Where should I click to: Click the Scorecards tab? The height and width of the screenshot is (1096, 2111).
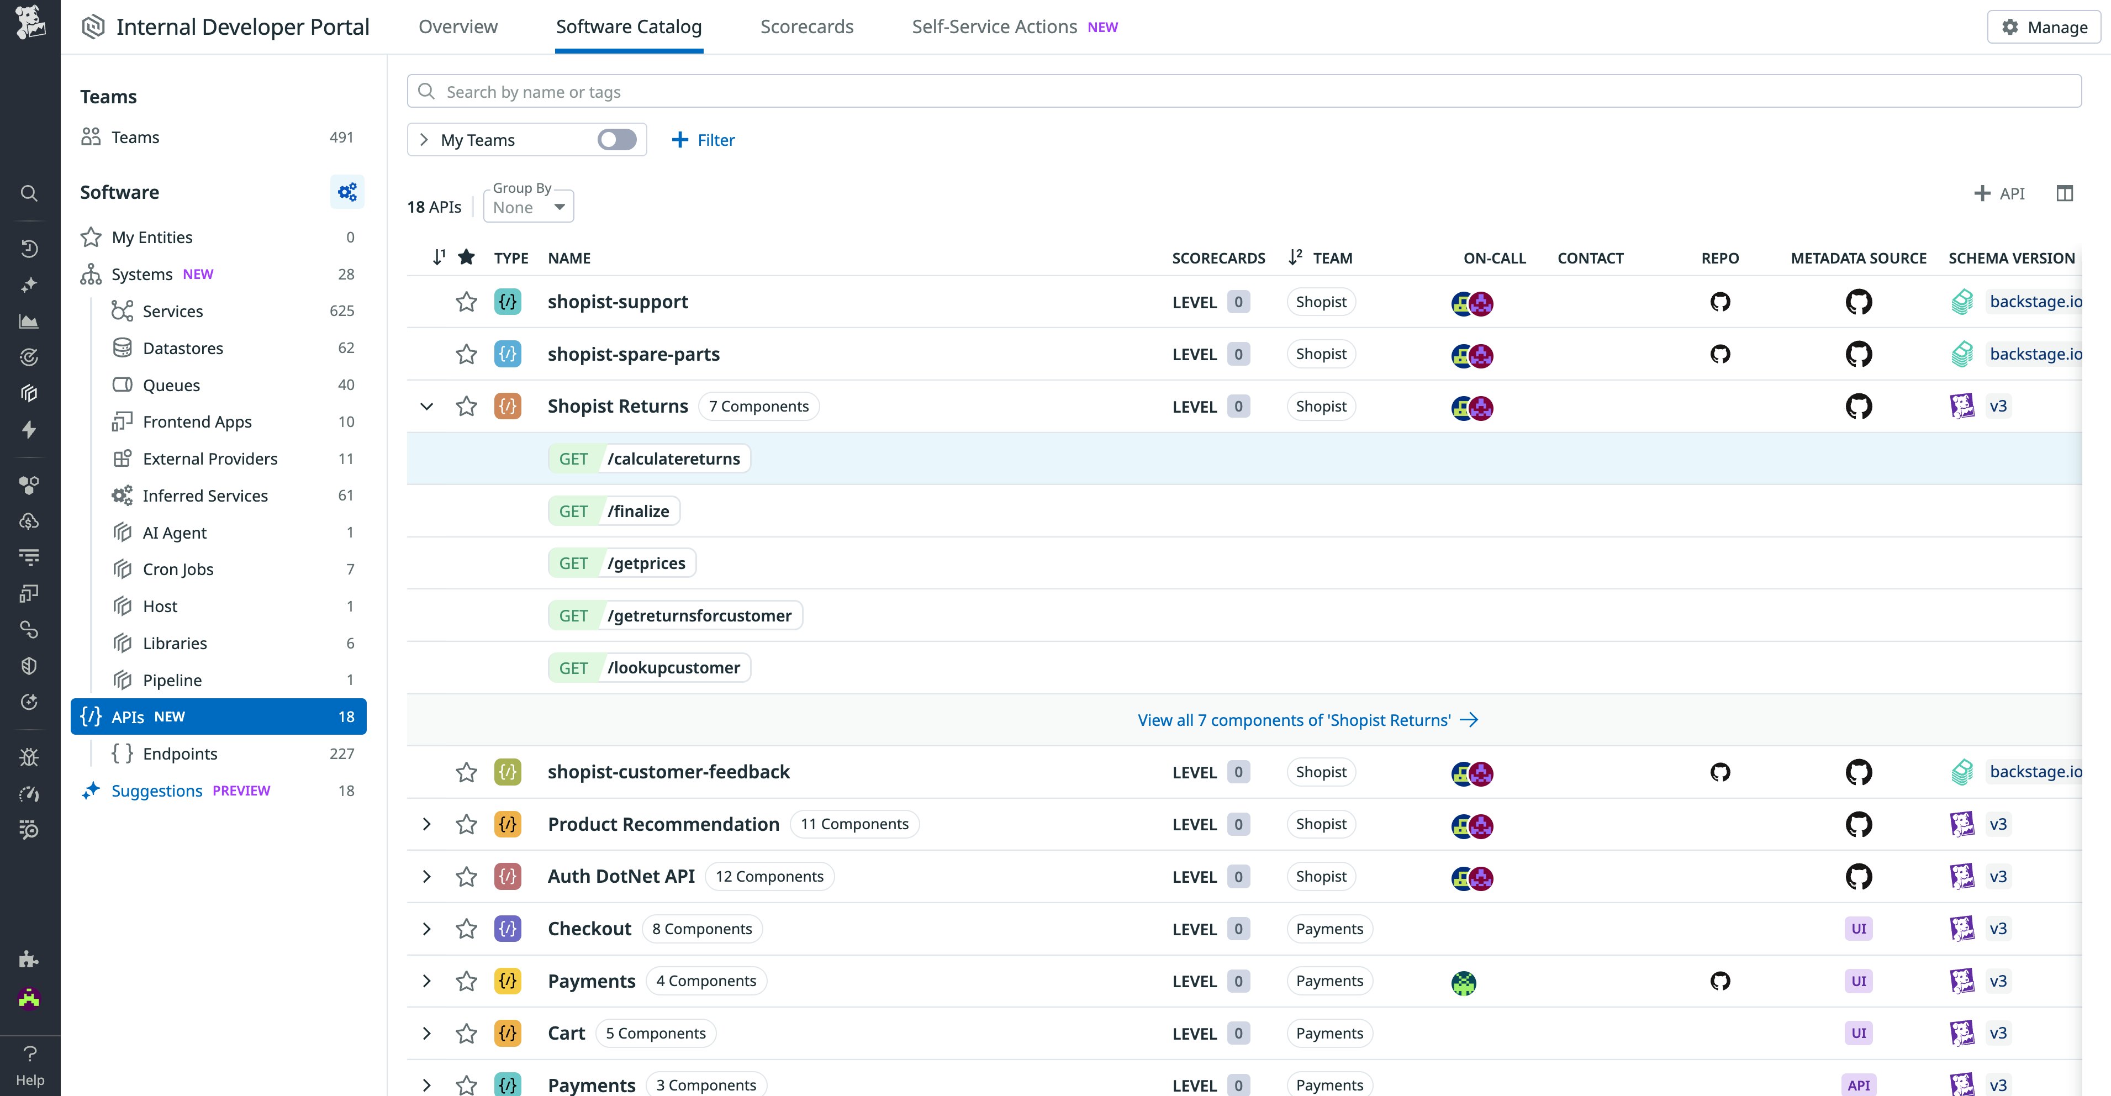click(x=806, y=27)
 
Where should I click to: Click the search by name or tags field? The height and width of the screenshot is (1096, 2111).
click(x=1244, y=92)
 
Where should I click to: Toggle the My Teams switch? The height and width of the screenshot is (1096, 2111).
click(x=616, y=140)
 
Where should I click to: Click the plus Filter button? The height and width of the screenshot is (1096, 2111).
click(x=703, y=140)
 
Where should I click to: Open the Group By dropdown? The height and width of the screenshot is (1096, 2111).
click(x=529, y=207)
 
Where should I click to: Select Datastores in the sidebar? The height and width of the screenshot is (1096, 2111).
click(x=183, y=349)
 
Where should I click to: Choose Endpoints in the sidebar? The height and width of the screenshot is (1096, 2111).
click(x=180, y=754)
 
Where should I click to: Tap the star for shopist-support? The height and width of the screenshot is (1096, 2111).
click(x=466, y=303)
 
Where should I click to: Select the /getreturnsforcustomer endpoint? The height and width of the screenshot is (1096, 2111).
click(x=699, y=615)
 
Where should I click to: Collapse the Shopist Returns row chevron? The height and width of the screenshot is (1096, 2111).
click(x=426, y=407)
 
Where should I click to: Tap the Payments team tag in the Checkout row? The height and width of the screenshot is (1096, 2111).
click(x=1329, y=929)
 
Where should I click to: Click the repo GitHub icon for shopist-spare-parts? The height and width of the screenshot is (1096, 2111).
click(x=1719, y=354)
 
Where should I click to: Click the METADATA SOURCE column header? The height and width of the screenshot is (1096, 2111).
click(x=1858, y=258)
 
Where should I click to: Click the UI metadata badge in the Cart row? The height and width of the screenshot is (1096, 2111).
click(x=1858, y=1034)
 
